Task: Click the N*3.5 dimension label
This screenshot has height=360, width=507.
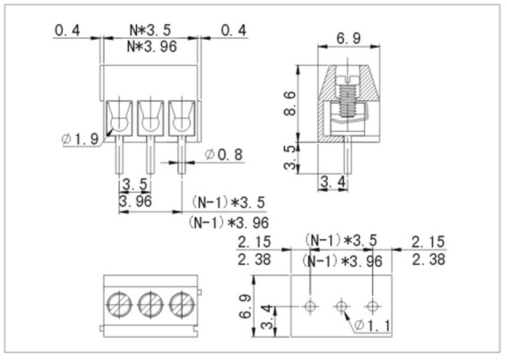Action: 150,30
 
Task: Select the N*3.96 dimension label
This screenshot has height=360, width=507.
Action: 152,47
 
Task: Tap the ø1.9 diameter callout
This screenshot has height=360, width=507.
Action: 80,139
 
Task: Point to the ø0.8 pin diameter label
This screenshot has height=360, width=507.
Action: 224,155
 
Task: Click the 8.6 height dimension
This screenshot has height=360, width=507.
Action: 290,103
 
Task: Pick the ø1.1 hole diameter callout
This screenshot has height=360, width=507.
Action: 372,325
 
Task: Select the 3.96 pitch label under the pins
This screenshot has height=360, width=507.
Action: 135,201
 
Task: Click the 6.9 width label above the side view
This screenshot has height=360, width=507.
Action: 349,38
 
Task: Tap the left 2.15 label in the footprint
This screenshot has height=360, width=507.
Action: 254,242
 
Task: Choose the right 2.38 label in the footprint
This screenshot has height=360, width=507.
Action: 429,259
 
